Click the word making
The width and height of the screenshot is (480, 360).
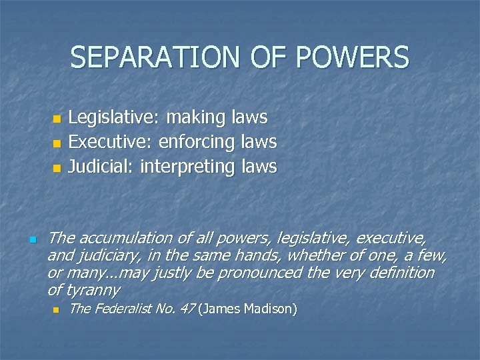click(x=196, y=119)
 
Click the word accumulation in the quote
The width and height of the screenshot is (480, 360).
click(x=125, y=238)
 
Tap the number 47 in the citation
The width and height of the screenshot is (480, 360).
click(x=186, y=309)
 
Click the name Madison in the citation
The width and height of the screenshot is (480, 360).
click(x=270, y=309)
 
